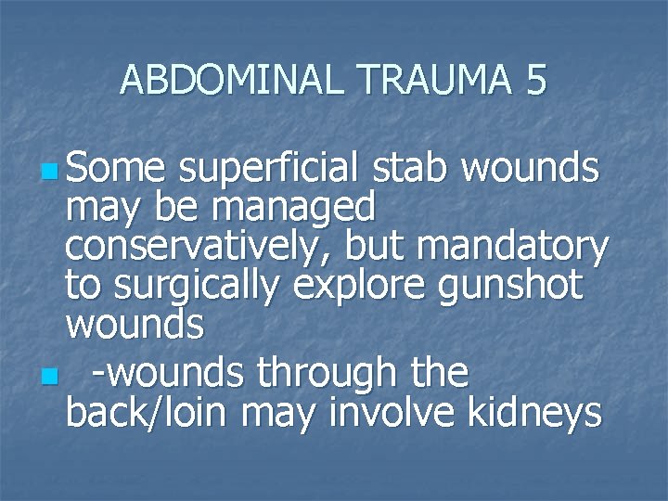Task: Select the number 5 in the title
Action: pos(535,81)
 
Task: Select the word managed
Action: pos(293,208)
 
